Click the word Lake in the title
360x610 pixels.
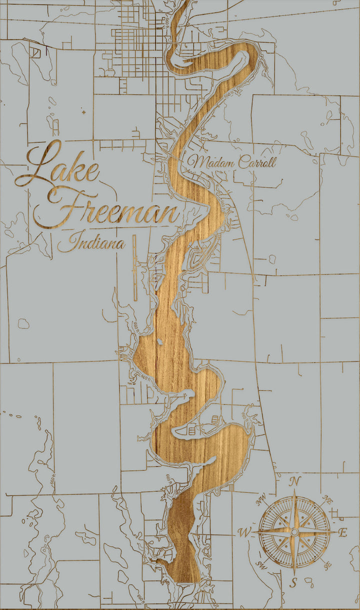tap(57, 167)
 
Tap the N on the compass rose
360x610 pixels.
tap(295, 481)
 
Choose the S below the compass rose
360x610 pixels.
tap(294, 582)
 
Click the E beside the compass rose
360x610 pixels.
tap(343, 533)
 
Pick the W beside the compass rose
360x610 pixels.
tap(245, 532)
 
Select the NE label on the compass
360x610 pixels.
tap(329, 498)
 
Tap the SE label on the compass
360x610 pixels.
tap(327, 565)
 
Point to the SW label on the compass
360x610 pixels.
tap(261, 565)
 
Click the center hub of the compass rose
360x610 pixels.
tap(294, 532)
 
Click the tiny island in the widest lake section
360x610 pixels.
tap(158, 342)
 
